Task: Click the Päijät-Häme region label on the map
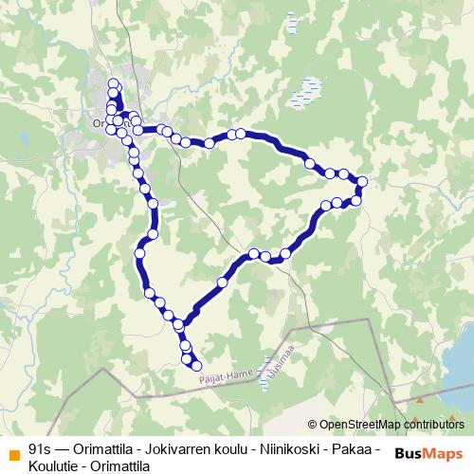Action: (228, 372)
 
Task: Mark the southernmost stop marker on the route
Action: (197, 365)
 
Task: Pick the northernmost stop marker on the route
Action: (114, 84)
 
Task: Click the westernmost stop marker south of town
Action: (140, 253)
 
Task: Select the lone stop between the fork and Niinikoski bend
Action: (224, 281)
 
